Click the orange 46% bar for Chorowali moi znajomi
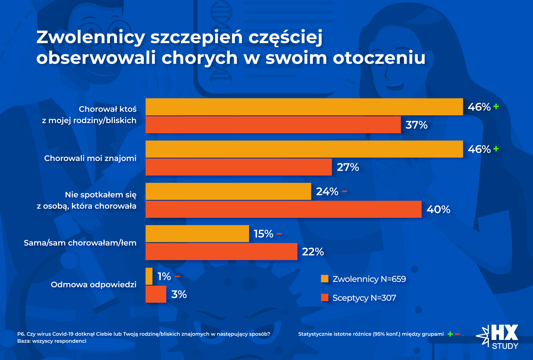(x=304, y=149)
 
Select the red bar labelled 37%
(x=273, y=125)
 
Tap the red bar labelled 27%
(x=239, y=167)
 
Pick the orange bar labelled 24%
(x=228, y=191)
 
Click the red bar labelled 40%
(x=283, y=209)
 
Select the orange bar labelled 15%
(x=197, y=234)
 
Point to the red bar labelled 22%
(x=221, y=252)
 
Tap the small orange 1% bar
(x=149, y=276)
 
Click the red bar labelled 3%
(x=156, y=294)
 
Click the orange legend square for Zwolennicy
(x=324, y=279)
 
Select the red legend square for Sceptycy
(x=324, y=298)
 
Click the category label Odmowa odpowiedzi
(x=94, y=285)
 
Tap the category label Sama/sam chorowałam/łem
(x=80, y=243)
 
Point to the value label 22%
(x=313, y=252)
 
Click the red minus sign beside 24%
(x=344, y=191)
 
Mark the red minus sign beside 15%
(x=279, y=234)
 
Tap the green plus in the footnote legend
(x=450, y=334)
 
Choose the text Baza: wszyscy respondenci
(x=52, y=341)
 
